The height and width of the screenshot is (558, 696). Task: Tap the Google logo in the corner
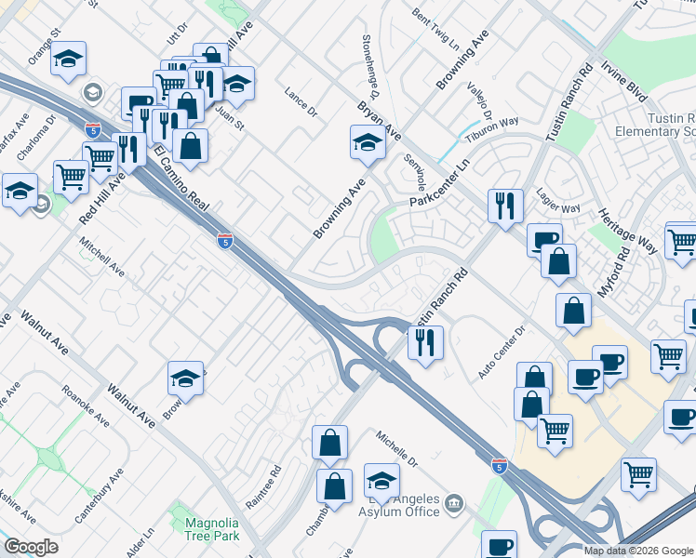click(x=31, y=547)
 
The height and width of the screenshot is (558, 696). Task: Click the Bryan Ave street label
click(x=380, y=121)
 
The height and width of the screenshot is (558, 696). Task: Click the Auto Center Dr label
click(x=502, y=352)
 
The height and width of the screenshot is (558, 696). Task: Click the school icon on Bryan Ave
click(x=368, y=144)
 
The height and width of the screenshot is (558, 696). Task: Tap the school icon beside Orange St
click(x=68, y=60)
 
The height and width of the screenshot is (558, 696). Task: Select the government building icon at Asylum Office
click(x=453, y=505)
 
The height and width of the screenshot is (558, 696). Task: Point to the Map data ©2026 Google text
click(x=637, y=551)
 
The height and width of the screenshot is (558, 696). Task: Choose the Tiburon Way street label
click(x=493, y=126)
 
